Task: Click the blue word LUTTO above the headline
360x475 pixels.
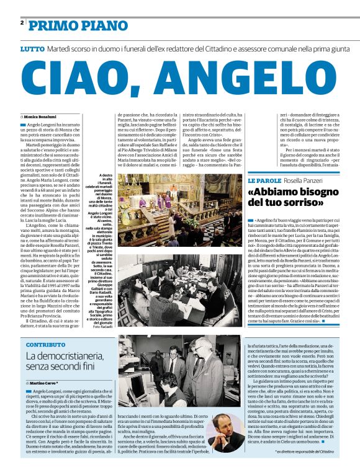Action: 32,48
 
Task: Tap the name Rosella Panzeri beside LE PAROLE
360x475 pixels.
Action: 313,180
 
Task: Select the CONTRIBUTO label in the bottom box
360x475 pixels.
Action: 45,344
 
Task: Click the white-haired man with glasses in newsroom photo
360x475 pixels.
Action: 205,366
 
